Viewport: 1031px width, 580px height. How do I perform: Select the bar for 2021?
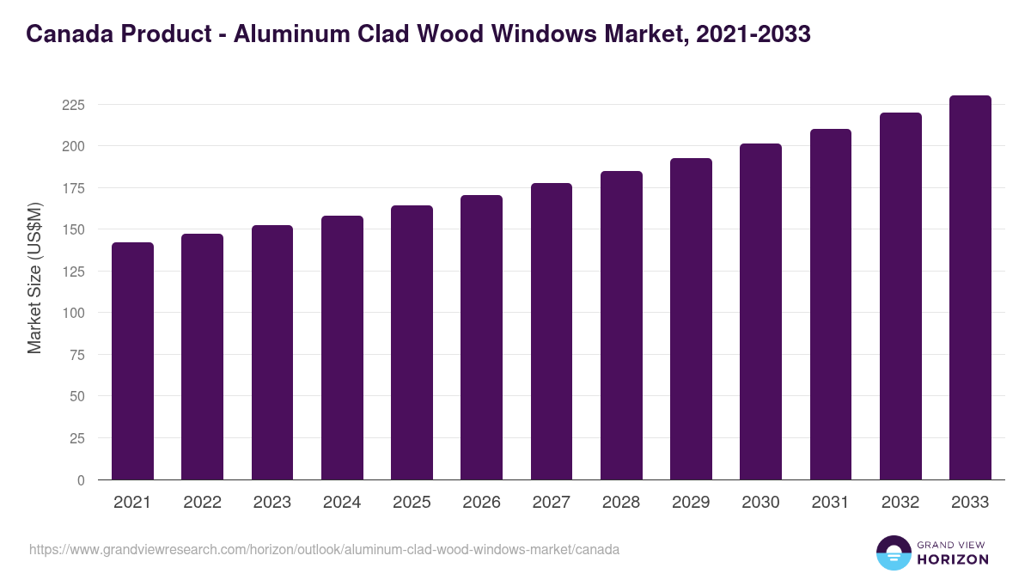point(132,361)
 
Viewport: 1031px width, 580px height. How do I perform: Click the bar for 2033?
point(970,288)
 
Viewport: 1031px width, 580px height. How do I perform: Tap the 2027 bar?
point(552,332)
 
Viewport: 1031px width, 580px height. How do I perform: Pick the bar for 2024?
point(342,348)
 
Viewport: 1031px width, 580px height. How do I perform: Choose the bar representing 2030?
point(760,312)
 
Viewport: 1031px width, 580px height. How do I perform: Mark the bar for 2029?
point(691,319)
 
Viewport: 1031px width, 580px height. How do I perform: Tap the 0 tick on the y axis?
point(81,480)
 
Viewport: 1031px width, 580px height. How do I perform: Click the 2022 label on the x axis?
point(202,503)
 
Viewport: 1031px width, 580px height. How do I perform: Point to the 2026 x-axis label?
point(481,503)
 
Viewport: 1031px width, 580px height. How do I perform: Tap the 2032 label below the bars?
point(900,503)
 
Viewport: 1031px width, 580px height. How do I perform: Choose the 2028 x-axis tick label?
point(621,503)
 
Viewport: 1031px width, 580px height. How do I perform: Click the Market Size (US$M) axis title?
point(34,278)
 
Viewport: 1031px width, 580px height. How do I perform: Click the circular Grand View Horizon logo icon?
point(894,553)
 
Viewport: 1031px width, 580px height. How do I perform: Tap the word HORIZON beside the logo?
point(954,559)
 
